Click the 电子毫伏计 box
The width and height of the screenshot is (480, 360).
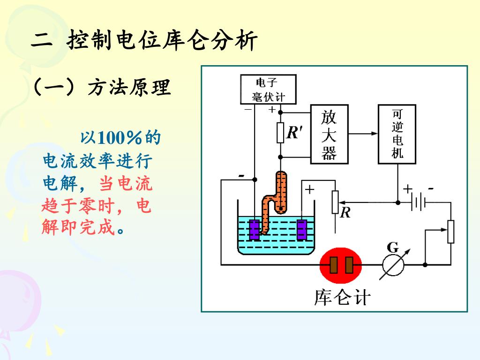pos(268,90)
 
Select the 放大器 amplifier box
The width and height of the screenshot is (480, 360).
pos(329,134)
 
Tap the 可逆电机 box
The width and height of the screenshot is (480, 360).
pos(397,134)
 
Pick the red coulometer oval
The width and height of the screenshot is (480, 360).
pos(341,265)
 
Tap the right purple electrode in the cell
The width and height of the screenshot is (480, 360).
pos(302,230)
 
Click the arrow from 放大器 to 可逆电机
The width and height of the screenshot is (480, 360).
pos(363,134)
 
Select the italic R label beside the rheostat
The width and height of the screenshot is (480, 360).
pos(345,213)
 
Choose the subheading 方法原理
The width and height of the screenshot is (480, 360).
pos(129,88)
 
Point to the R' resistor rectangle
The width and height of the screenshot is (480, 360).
pos(280,133)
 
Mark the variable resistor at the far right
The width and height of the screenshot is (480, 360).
pos(450,232)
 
